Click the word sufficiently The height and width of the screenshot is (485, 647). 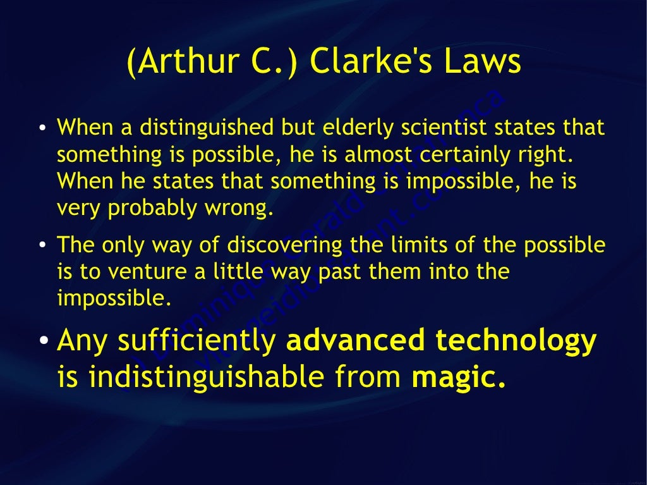198,341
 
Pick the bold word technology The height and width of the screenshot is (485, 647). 516,341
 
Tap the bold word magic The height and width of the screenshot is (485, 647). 459,378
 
